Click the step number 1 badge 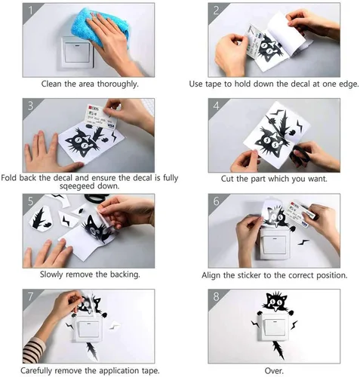(x=30, y=11)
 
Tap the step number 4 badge (x=216, y=106)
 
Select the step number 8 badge (x=216, y=296)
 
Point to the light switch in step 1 (x=78, y=53)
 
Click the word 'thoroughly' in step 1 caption (x=118, y=84)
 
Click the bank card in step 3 (x=101, y=117)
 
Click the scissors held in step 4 (x=299, y=154)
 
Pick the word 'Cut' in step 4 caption (x=227, y=179)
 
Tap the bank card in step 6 (x=299, y=214)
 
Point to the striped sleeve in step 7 (x=34, y=351)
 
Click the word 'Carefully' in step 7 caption (x=36, y=370)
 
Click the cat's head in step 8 (x=275, y=301)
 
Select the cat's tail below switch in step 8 (x=279, y=349)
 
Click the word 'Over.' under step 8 (x=274, y=370)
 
